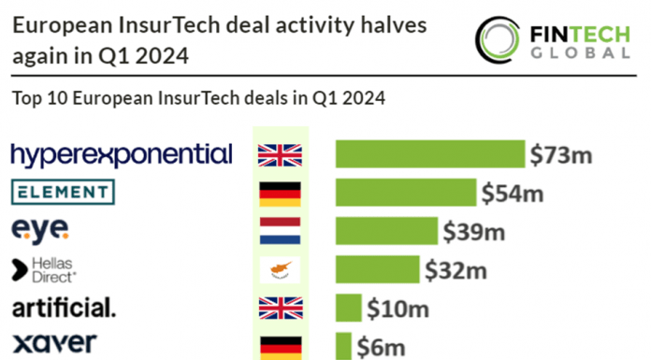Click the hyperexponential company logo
coord(122,155)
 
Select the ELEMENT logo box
coord(63,192)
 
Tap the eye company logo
coord(40,231)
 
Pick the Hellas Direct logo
coord(44,270)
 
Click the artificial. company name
coord(64,308)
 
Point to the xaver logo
coord(55,343)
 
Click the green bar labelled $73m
coord(430,154)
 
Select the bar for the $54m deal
coord(406,193)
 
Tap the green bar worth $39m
coord(386,231)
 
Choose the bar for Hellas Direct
coord(377,269)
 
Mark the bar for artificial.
coord(348,308)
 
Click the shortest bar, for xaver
coord(343,346)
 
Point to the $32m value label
coord(456,271)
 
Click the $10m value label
coord(398,310)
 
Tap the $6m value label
coord(381,348)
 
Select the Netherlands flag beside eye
coord(280,230)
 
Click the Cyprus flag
coord(280,269)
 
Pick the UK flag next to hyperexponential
coord(280,155)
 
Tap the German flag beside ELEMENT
coord(280,194)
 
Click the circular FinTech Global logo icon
coord(498,40)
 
